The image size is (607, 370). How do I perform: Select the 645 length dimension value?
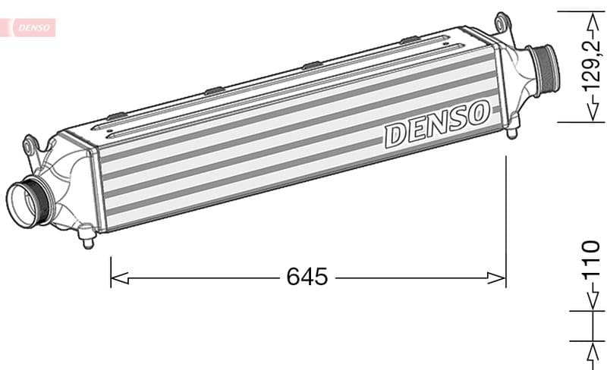[307, 277]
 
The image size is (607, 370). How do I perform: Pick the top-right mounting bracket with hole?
[501, 20]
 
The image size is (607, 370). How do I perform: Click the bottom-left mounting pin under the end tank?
[88, 241]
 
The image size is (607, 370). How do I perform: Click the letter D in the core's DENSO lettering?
[396, 135]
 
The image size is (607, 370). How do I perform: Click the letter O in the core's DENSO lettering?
[477, 114]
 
